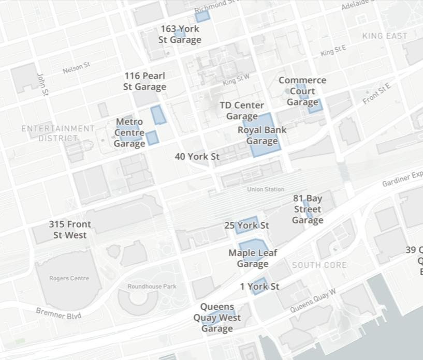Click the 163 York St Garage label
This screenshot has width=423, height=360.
point(180,35)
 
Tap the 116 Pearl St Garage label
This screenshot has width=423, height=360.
point(144,81)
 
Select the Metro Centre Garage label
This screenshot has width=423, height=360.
point(129,132)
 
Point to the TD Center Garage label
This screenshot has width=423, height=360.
point(242,111)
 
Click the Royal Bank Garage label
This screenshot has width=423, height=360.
point(262,136)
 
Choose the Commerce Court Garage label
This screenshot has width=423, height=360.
point(302,91)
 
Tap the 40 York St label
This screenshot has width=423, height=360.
point(197,156)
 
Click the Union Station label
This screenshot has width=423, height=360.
point(266,189)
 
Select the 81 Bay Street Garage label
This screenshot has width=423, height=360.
point(308,209)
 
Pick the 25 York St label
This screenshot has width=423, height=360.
point(246,226)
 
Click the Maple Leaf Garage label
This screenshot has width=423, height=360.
point(253,258)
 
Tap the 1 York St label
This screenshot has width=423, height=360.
point(259,286)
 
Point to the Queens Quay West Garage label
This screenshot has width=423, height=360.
point(217,318)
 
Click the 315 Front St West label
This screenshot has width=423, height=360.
point(70,230)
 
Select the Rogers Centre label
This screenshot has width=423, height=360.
point(69,278)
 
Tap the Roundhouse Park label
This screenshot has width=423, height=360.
point(152,287)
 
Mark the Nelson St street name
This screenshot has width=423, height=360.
point(76,67)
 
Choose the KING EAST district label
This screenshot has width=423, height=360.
point(385,36)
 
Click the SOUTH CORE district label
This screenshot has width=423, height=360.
point(319,265)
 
